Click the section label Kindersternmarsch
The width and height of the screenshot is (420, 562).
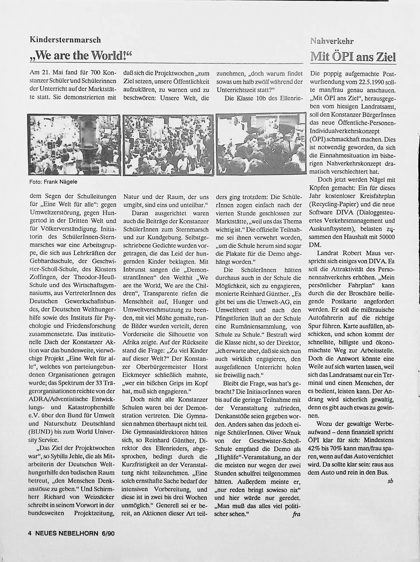[65, 40]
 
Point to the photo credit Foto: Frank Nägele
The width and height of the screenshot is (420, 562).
[53, 182]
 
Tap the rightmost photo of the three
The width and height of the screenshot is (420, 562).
[261, 144]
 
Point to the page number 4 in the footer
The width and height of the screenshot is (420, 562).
[30, 533]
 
